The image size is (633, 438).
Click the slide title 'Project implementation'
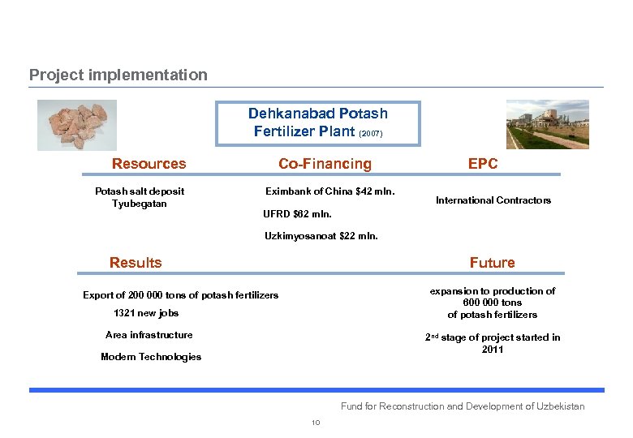click(x=118, y=75)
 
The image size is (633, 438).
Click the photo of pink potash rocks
click(x=77, y=124)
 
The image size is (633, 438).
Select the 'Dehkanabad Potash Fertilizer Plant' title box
click(x=318, y=122)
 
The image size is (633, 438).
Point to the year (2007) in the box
click(x=370, y=133)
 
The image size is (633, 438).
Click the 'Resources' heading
click(x=149, y=164)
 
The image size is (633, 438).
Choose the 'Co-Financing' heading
click(x=325, y=164)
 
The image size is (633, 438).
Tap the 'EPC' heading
click(x=483, y=164)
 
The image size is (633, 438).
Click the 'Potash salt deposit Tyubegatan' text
click(x=140, y=197)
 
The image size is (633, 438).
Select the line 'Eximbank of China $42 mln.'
click(x=330, y=191)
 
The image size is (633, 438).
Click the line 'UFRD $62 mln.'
click(x=297, y=215)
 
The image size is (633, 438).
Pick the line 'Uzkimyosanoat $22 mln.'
click(x=321, y=237)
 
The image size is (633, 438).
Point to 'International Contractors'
click(x=493, y=200)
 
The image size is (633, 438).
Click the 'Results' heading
click(x=136, y=262)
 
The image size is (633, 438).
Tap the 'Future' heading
click(x=492, y=262)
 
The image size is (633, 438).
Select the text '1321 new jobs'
click(x=146, y=313)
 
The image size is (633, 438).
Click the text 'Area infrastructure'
click(x=149, y=335)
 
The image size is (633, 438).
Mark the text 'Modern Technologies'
click(x=151, y=357)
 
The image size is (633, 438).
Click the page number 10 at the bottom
click(x=316, y=423)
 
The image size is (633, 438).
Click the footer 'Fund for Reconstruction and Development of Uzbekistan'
click(x=463, y=406)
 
